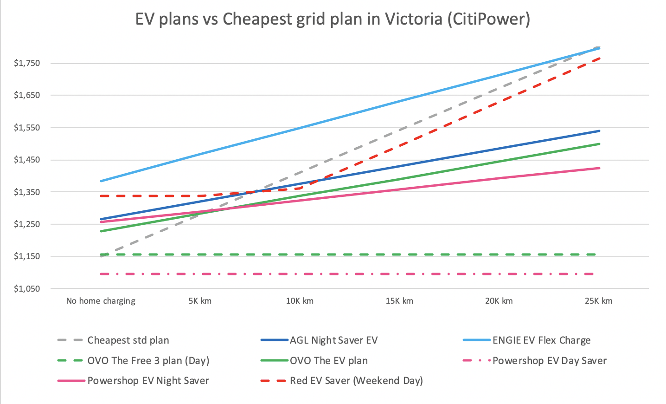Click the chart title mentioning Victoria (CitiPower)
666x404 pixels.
pyautogui.click(x=333, y=19)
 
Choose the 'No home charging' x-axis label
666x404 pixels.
pyautogui.click(x=101, y=301)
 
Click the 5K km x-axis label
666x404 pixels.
pyautogui.click(x=200, y=301)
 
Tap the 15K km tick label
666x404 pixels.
pyautogui.click(x=399, y=301)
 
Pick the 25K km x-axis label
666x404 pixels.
pyautogui.click(x=598, y=301)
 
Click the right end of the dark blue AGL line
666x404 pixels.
pyautogui.click(x=599, y=131)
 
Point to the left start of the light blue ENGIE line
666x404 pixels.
pyautogui.click(x=101, y=181)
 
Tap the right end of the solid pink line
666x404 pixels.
pyautogui.click(x=599, y=168)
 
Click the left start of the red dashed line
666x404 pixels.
pyautogui.click(x=101, y=196)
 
